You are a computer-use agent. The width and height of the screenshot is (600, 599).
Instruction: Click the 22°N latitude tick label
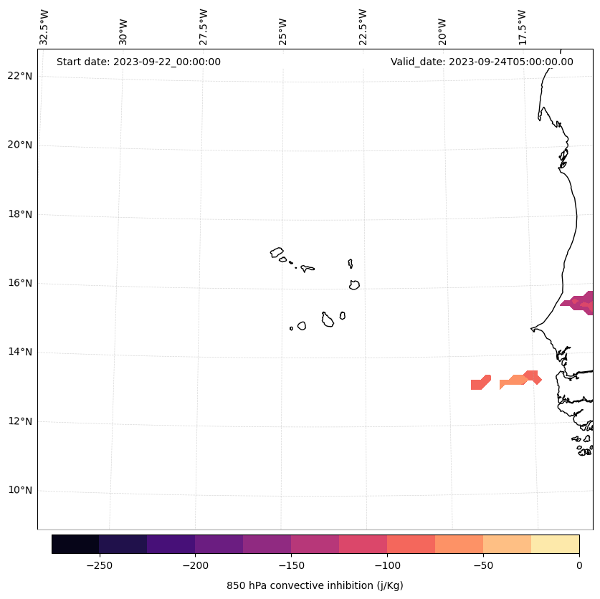(x=19, y=76)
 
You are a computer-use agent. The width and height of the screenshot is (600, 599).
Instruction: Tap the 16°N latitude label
(x=19, y=283)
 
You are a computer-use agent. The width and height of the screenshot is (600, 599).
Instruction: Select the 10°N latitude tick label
(x=19, y=490)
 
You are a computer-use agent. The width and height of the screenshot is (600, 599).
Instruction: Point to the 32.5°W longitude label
(x=44, y=27)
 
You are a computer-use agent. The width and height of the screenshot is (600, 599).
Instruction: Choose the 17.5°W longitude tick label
(x=522, y=27)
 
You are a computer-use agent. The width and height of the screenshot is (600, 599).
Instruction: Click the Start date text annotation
(x=138, y=62)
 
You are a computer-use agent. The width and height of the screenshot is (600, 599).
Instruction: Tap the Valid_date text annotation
(x=482, y=62)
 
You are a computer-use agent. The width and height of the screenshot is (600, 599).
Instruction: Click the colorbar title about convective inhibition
(x=315, y=585)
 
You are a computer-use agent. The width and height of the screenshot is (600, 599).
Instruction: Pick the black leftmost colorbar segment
(x=75, y=544)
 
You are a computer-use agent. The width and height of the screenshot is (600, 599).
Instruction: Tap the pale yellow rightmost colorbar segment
(x=555, y=544)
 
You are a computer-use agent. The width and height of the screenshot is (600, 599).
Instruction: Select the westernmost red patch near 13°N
(x=480, y=383)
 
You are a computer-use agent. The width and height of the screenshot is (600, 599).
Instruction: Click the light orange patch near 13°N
(x=513, y=381)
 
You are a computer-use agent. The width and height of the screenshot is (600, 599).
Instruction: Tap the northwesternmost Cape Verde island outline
(x=277, y=252)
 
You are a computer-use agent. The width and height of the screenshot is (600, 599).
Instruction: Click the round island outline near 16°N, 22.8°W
(x=354, y=285)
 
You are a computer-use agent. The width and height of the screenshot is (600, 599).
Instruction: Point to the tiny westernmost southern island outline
(x=291, y=328)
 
